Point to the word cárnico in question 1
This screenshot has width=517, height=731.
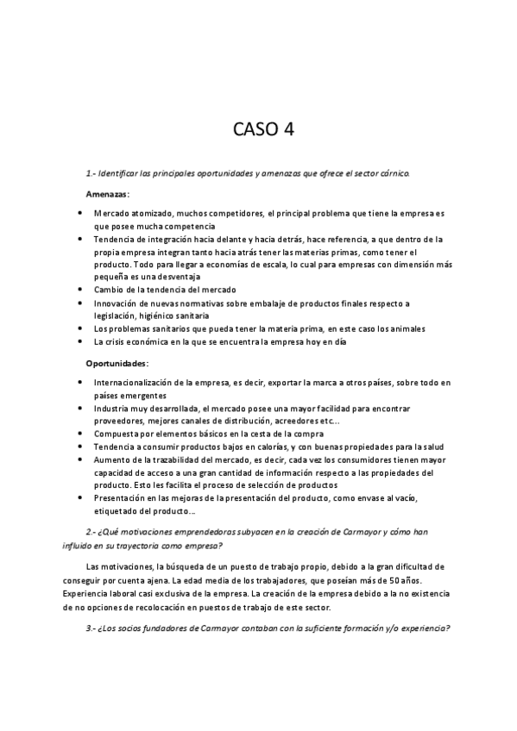click(x=394, y=173)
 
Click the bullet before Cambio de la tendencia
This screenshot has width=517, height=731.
click(x=80, y=290)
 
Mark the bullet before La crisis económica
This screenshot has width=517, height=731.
click(x=80, y=341)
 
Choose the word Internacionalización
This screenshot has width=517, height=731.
click(x=141, y=381)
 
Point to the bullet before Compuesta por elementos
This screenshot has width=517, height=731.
click(x=80, y=433)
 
